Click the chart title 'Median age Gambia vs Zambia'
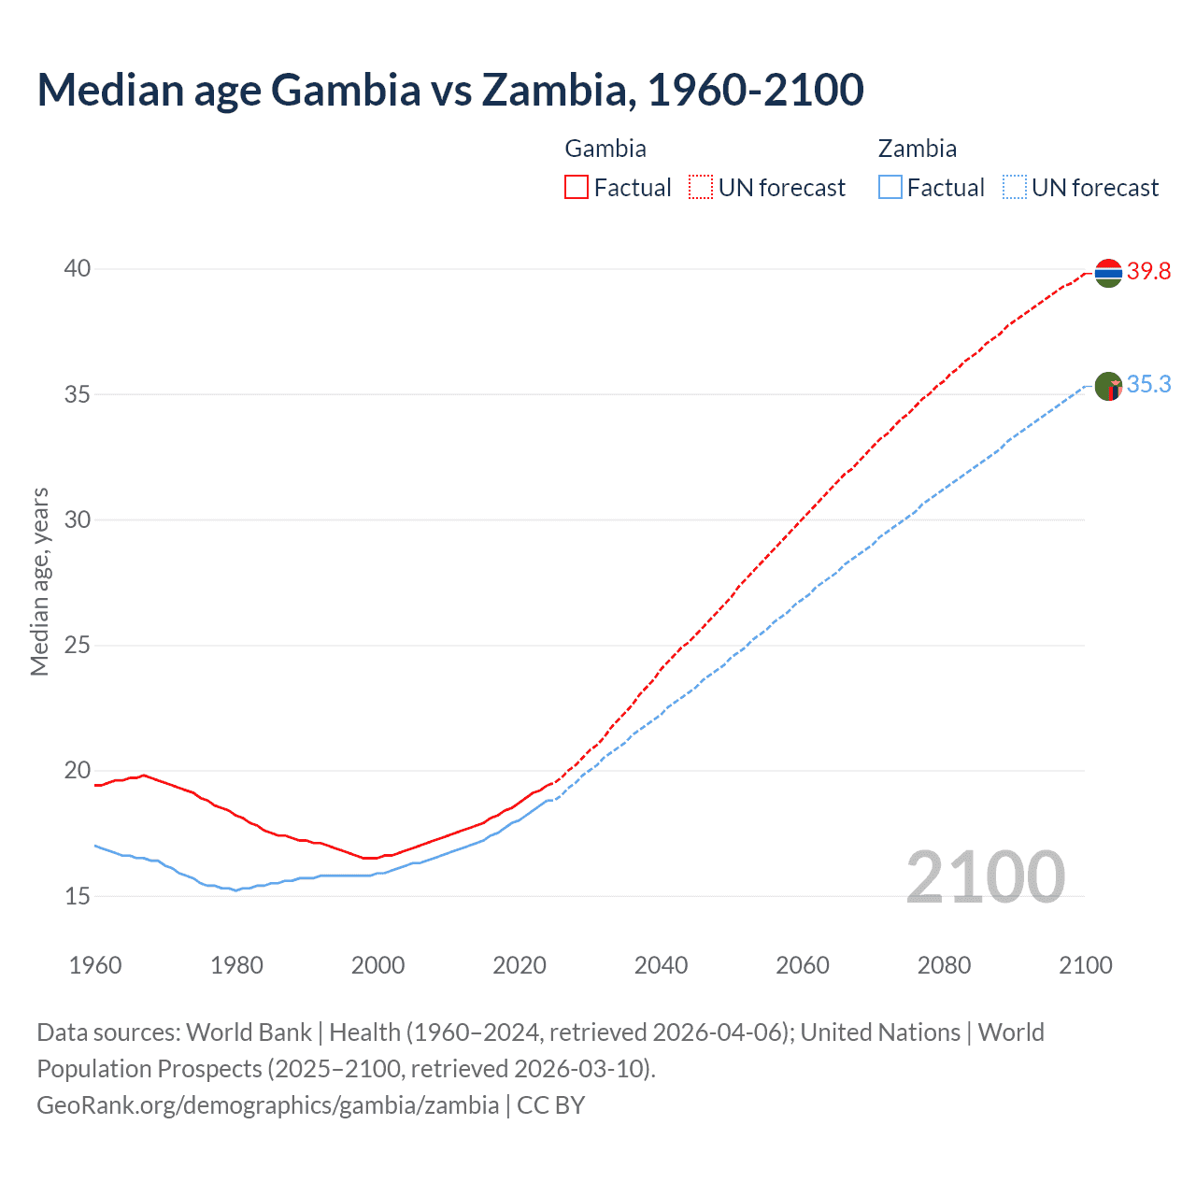pos(449,90)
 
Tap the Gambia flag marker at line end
pos(1108,273)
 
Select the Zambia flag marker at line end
pos(1108,386)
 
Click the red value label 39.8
pos(1148,272)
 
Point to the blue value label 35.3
pos(1148,385)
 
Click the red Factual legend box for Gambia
pos(577,188)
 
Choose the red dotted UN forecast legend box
pos(701,188)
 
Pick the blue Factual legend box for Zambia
pos(890,188)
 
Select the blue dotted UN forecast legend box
pos(1014,188)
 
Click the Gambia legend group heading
pos(605,149)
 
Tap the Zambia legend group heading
pos(918,149)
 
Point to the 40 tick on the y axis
pos(77,269)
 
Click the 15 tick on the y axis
pos(77,896)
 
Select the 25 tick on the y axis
pos(77,645)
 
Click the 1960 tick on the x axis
pos(95,965)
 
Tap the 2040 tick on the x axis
pos(661,965)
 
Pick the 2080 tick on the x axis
pos(944,965)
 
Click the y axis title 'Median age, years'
pos(39,581)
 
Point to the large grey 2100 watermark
pos(985,876)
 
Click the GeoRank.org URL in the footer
pos(267,1105)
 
